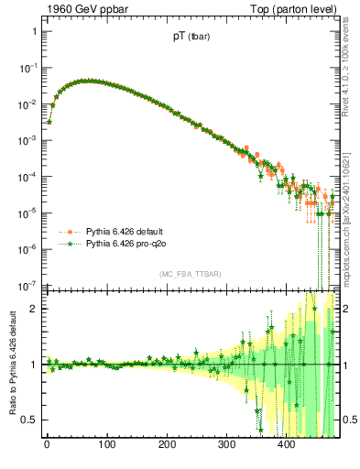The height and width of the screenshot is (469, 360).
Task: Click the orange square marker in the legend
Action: pos(67,233)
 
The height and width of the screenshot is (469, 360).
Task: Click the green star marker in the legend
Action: pos(67,245)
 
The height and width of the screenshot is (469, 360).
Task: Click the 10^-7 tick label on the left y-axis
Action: pos(27,284)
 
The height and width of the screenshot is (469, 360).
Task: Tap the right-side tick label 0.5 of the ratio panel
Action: pos(349,420)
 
